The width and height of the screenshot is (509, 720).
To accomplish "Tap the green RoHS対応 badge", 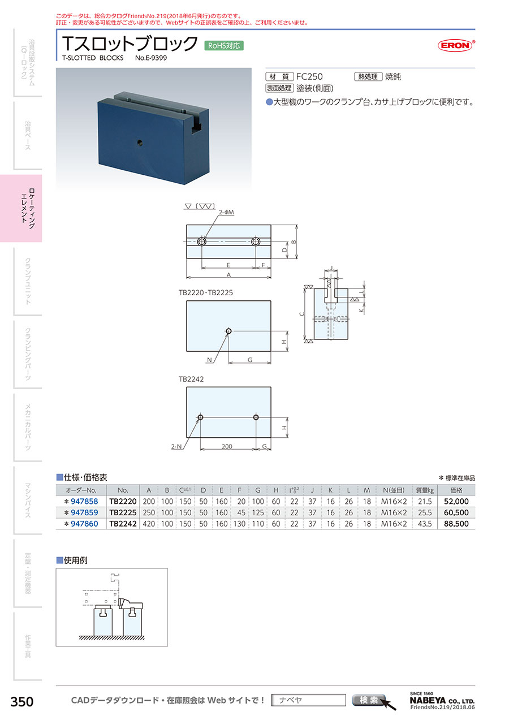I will point(224,45).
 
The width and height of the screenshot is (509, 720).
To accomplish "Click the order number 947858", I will point(85,501).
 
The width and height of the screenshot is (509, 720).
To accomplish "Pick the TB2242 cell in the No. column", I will point(123,524).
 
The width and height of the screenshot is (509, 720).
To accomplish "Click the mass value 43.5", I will point(424,524).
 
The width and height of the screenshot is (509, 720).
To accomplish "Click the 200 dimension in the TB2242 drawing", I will point(227,447).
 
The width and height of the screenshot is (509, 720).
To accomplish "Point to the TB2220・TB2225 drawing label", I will point(205,294).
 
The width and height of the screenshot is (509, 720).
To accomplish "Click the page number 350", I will point(22,702).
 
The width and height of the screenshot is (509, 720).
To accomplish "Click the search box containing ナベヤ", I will point(308,700).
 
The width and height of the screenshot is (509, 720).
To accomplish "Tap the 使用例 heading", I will point(75,561).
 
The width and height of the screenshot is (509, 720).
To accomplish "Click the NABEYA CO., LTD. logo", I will point(442,699).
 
